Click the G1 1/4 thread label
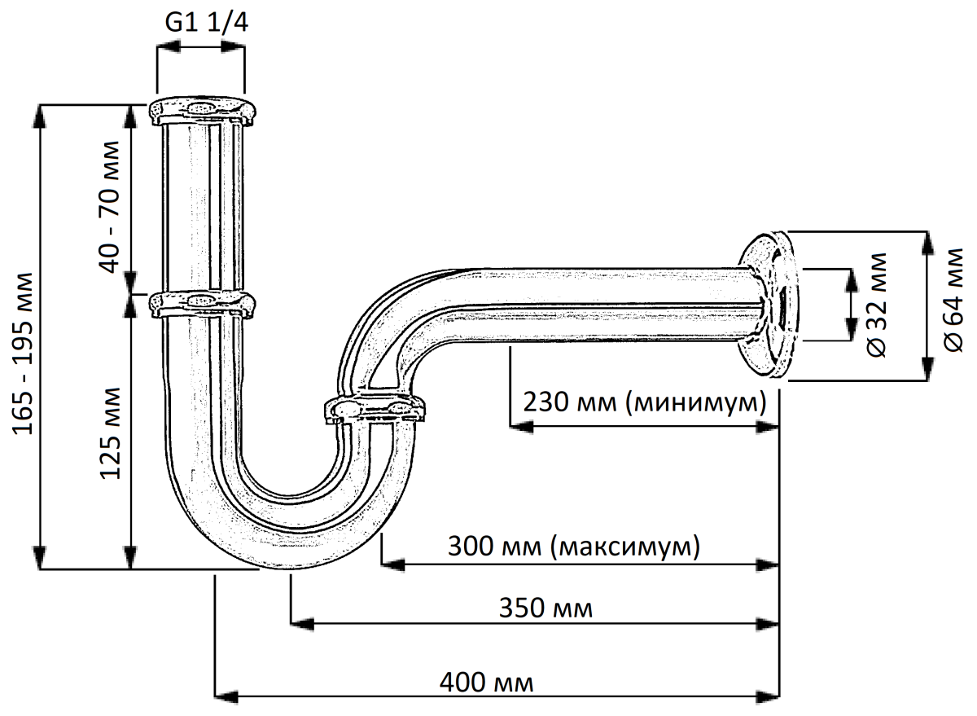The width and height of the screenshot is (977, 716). (x=206, y=22)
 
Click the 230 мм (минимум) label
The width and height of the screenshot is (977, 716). (x=645, y=402)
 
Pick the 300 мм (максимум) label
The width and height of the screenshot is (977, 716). (x=573, y=545)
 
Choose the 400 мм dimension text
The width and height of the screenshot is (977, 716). (x=486, y=680)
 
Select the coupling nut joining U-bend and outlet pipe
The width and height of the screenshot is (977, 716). (x=375, y=408)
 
